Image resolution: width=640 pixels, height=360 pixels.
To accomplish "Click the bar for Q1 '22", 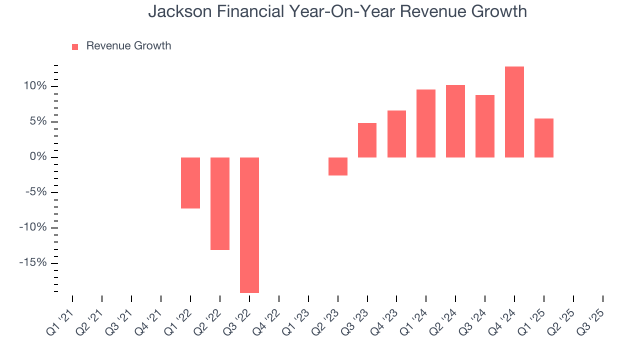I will point(190,182).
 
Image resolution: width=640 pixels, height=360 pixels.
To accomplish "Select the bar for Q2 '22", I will point(220,203).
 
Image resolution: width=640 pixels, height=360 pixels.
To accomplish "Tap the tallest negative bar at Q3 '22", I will point(249,225).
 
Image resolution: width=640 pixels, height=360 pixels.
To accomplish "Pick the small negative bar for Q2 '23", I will point(338,166).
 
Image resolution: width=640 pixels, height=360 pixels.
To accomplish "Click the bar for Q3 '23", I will point(367,140).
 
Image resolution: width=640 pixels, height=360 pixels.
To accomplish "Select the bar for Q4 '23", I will point(396,134).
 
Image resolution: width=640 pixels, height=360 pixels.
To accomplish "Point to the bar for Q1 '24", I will point(426,123).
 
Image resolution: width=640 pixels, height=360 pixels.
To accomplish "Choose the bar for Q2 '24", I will point(455,121).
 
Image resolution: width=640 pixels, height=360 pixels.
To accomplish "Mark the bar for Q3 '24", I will point(485,126).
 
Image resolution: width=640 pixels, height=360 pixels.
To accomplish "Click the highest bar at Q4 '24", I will point(514,112).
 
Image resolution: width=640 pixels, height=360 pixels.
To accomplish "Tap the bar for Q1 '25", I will point(544,138).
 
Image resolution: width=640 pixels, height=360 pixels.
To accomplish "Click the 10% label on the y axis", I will point(35,86).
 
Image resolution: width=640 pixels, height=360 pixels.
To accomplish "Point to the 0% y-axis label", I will point(38,157).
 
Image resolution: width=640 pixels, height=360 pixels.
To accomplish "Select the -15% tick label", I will point(33,263).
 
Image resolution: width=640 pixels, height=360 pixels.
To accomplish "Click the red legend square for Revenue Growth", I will point(75,46).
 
